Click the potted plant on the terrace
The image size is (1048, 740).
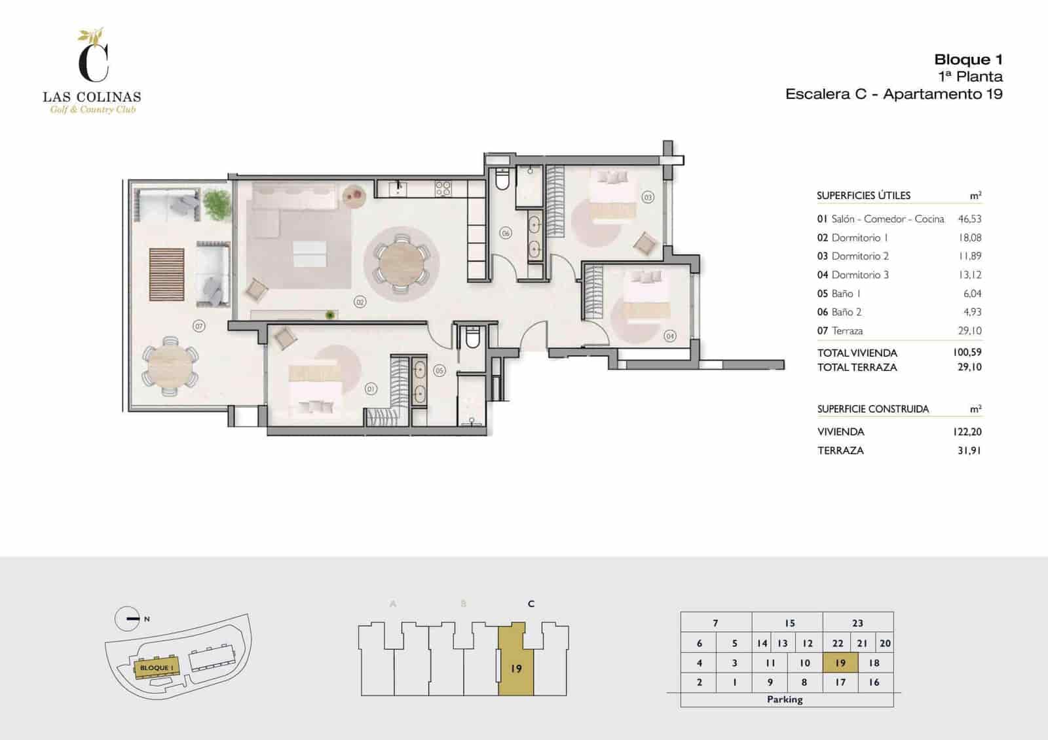pyautogui.click(x=217, y=204)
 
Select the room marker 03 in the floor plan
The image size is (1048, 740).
pyautogui.click(x=648, y=197)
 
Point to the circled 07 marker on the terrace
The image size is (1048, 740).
pyautogui.click(x=198, y=325)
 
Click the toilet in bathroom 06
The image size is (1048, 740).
pyautogui.click(x=502, y=179)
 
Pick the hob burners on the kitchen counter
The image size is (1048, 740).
pyautogui.click(x=443, y=188)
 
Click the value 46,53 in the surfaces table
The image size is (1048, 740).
pyautogui.click(x=969, y=219)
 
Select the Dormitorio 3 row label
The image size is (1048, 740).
pyautogui.click(x=859, y=275)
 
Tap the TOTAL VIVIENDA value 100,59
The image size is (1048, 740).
pyautogui.click(x=967, y=352)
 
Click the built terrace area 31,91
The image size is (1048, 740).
pyautogui.click(x=969, y=450)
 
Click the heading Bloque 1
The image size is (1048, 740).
pyautogui.click(x=968, y=60)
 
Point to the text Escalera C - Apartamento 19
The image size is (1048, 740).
pyautogui.click(x=893, y=94)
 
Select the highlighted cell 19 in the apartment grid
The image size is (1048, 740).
pyautogui.click(x=840, y=663)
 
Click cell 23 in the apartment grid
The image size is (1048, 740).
pyautogui.click(x=857, y=623)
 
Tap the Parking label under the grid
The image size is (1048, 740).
pyautogui.click(x=785, y=699)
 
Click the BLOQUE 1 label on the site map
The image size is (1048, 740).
pyautogui.click(x=157, y=667)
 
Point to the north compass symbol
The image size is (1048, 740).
pyautogui.click(x=127, y=618)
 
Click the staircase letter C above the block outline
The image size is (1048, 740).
pyautogui.click(x=531, y=603)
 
